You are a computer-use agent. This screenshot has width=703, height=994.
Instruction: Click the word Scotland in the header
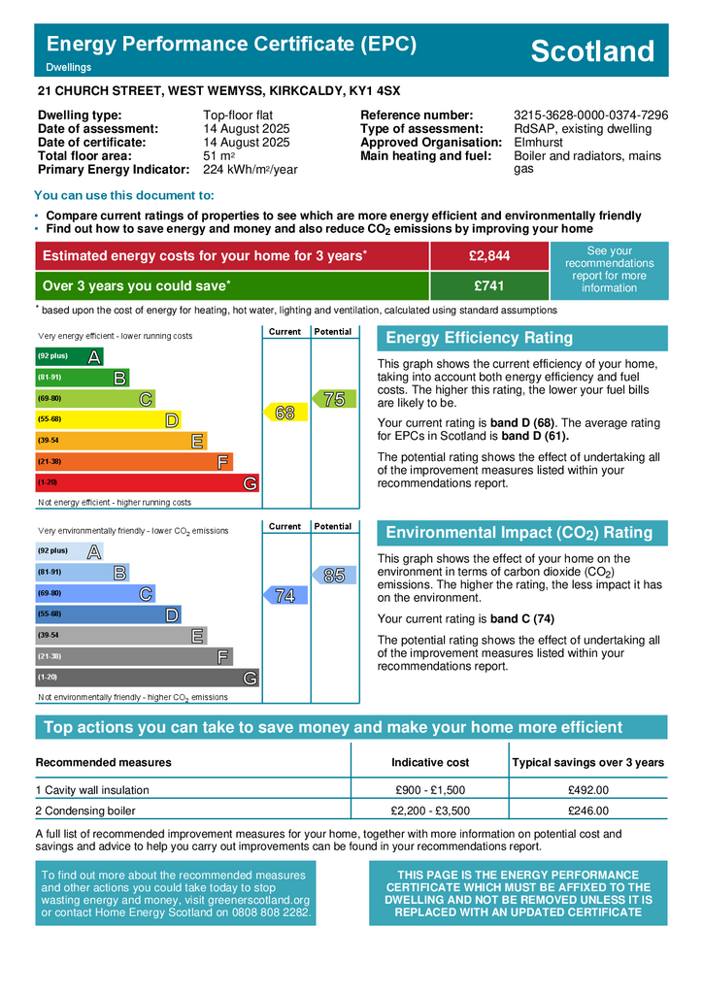[592, 51]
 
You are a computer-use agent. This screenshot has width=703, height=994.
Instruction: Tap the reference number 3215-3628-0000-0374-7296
[590, 115]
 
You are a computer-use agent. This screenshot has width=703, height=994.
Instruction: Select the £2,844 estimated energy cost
[488, 255]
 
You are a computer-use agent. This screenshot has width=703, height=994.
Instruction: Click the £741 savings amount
[488, 286]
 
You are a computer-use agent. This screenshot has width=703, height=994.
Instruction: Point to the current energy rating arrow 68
[284, 413]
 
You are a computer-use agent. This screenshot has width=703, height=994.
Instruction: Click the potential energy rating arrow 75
[333, 398]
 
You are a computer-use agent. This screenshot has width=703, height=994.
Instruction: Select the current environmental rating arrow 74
[284, 596]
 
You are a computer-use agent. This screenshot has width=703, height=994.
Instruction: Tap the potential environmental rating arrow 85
[333, 576]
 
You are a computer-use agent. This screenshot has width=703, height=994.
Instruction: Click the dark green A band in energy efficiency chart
[68, 356]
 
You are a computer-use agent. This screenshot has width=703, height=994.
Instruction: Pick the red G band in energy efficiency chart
[146, 482]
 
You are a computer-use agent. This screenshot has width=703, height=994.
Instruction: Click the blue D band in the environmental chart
[107, 614]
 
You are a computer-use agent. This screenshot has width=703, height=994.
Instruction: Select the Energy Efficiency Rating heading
[479, 338]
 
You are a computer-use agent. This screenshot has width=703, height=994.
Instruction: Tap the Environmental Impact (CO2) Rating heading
[519, 533]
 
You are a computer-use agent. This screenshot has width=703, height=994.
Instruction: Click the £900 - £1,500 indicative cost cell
[429, 790]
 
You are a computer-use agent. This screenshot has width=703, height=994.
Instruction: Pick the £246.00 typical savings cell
[587, 811]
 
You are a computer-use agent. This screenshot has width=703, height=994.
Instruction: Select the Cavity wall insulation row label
[92, 790]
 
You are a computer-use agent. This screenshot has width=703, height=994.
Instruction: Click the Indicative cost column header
[429, 762]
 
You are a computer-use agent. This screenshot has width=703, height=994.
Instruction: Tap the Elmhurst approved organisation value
[538, 142]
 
